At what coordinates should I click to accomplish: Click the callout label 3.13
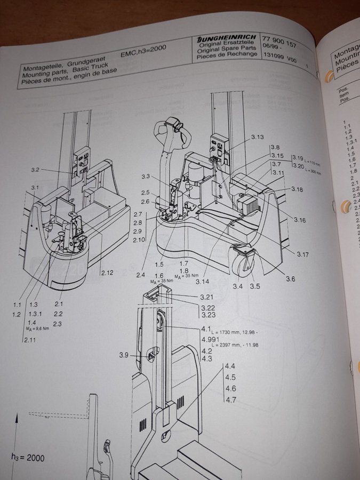(x=257, y=137)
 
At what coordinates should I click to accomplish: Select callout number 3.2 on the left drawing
(x=35, y=170)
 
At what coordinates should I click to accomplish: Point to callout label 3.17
(x=303, y=254)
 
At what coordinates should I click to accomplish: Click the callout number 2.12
(x=108, y=274)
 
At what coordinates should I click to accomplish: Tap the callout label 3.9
(x=124, y=355)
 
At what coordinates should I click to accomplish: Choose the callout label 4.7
(x=230, y=400)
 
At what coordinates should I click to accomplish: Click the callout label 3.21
(x=209, y=297)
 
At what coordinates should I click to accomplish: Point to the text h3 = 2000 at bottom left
(x=28, y=458)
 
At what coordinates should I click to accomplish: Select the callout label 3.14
(x=202, y=281)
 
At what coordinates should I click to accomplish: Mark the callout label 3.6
(x=290, y=279)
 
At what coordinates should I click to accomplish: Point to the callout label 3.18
(x=297, y=189)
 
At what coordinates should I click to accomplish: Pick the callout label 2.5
(x=145, y=193)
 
